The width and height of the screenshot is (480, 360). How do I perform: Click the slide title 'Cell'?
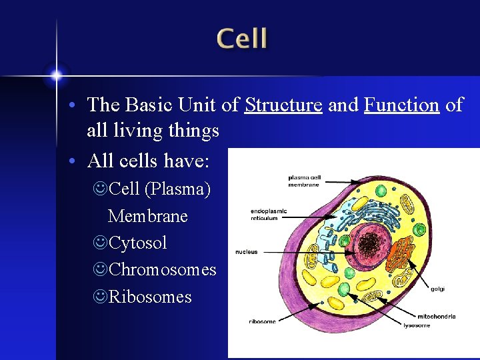[x=242, y=39]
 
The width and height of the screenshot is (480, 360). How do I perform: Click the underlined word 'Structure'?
[x=284, y=105]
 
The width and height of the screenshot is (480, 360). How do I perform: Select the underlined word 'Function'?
[x=401, y=105]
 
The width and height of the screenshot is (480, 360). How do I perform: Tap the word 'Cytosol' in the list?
[x=137, y=243]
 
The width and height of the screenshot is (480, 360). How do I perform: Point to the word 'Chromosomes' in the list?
[x=162, y=269]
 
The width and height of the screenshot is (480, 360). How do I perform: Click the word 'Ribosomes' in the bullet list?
[x=150, y=297]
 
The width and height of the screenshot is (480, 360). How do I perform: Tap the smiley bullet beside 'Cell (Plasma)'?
[x=100, y=189]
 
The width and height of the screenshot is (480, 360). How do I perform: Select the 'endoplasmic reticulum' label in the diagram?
[x=269, y=214]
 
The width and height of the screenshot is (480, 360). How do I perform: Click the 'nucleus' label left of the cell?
[x=246, y=252]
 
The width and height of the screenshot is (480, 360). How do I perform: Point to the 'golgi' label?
[x=437, y=289]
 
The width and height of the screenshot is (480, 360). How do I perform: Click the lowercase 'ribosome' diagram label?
[x=262, y=321]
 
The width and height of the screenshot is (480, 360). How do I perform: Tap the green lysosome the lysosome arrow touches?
[x=345, y=289]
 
